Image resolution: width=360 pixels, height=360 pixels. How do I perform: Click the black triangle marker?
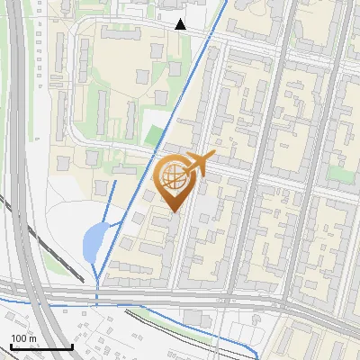pos(180,24)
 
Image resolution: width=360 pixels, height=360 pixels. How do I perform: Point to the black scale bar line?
pos(40,346)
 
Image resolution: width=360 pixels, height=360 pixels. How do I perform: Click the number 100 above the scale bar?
pos(19,338)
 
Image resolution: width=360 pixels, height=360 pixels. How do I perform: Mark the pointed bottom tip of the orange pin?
pos(174,212)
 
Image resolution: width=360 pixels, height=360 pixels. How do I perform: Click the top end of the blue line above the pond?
pos(115,181)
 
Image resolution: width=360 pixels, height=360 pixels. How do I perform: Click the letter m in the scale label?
pos(31,338)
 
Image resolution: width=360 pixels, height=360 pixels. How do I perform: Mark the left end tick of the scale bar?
pos(10,346)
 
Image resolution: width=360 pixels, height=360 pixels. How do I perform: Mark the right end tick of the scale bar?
pos(72,346)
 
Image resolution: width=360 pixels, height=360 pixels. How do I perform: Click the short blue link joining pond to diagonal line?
pos(113,224)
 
